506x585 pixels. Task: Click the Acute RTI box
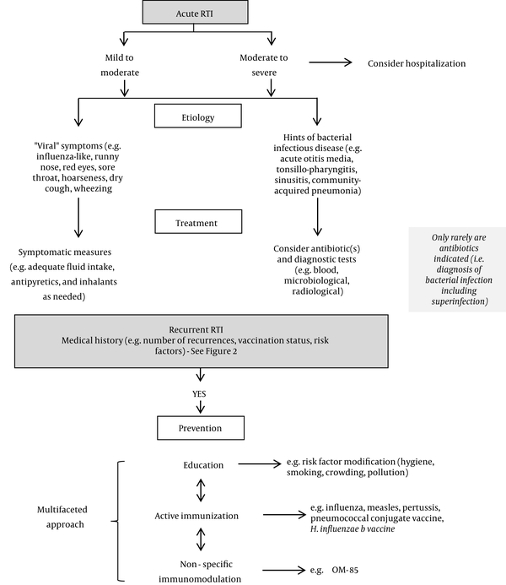click(196, 13)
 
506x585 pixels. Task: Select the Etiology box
click(198, 116)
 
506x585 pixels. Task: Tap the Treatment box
click(198, 222)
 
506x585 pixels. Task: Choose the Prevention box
click(201, 428)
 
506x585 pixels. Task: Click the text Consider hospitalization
click(417, 63)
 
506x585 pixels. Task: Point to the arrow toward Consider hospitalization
click(330, 62)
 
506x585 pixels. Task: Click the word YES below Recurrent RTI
click(199, 393)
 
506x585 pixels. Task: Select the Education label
click(203, 465)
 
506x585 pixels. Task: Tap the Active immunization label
click(196, 516)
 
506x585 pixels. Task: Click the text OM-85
click(345, 570)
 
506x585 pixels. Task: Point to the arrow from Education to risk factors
click(260, 463)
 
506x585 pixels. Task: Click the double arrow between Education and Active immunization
click(201, 490)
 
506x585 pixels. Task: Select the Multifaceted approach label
click(62, 517)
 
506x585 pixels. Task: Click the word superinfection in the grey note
click(460, 301)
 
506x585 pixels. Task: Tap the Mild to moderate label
click(120, 65)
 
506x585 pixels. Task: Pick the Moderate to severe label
click(264, 65)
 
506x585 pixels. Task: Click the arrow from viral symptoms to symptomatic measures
click(78, 218)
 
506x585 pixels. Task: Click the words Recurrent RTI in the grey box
click(196, 330)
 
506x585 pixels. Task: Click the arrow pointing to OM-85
click(284, 570)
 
